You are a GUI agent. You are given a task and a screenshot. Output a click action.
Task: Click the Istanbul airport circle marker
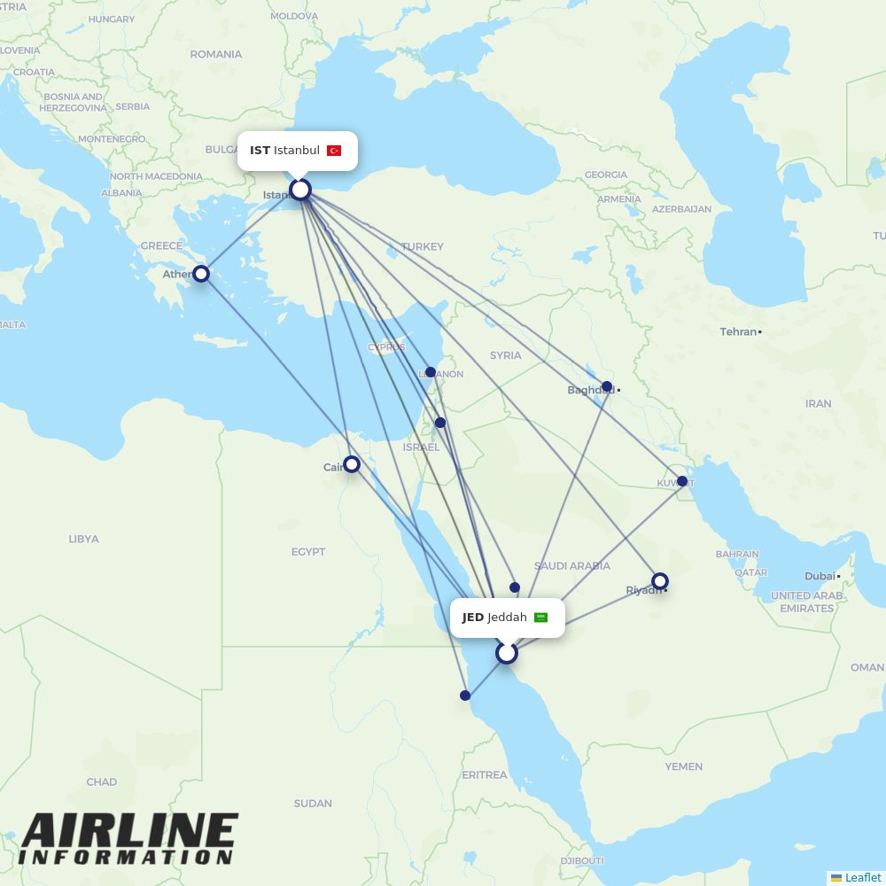click(x=300, y=190)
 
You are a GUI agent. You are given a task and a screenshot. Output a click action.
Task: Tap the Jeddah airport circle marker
click(x=507, y=653)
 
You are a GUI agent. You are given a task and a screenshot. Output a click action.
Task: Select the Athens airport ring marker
click(x=201, y=273)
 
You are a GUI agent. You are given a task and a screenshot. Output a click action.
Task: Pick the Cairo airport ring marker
click(x=352, y=463)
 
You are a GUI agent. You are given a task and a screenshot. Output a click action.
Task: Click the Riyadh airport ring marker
click(x=660, y=581)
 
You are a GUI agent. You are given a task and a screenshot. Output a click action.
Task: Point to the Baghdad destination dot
click(x=607, y=386)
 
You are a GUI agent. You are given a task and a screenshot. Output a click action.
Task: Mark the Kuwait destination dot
click(x=682, y=481)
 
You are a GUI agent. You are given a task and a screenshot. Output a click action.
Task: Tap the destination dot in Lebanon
click(x=431, y=372)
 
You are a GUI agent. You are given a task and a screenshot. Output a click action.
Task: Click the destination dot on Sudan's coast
click(x=465, y=696)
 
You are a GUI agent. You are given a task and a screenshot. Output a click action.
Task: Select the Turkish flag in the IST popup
click(x=334, y=151)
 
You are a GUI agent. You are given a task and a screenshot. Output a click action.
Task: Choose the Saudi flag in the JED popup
click(x=540, y=618)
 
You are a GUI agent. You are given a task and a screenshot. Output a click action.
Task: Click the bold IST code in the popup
click(x=260, y=151)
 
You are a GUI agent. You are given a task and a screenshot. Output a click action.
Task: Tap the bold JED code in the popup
click(x=473, y=618)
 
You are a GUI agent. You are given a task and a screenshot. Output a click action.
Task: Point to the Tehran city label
click(x=739, y=331)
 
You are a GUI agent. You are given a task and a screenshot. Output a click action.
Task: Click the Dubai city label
click(x=820, y=576)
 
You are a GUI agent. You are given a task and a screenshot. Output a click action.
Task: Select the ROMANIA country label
click(x=215, y=54)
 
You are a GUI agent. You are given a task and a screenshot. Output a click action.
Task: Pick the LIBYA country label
click(x=83, y=539)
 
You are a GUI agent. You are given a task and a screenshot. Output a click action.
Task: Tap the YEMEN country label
click(x=683, y=766)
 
